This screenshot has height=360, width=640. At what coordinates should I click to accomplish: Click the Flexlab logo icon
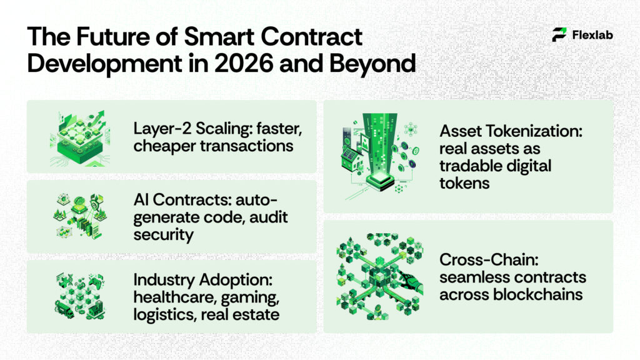(560, 35)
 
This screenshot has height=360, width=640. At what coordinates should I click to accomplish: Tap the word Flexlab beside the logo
(592, 36)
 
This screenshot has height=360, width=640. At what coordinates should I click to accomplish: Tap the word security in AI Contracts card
(164, 234)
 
